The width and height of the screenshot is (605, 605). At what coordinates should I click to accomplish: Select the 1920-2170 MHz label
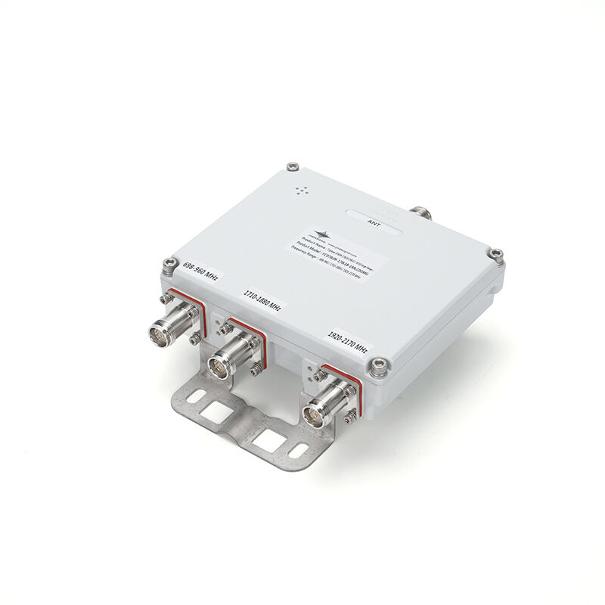tap(347, 343)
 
